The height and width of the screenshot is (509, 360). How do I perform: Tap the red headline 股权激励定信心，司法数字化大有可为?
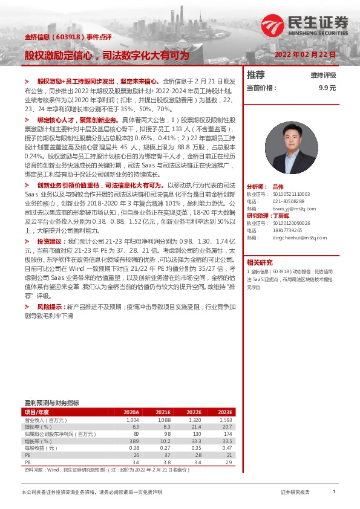(106, 55)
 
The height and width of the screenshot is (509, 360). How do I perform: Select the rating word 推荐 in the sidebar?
(256, 75)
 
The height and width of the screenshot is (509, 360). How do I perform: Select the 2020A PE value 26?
(136, 455)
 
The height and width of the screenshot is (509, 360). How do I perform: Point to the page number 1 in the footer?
(333, 492)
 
